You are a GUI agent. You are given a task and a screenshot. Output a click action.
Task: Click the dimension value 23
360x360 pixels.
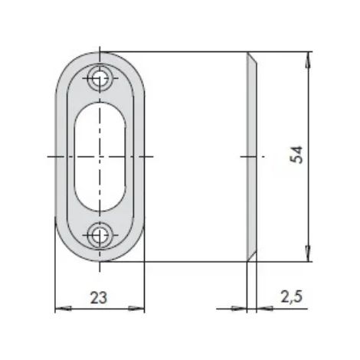pyautogui.click(x=99, y=298)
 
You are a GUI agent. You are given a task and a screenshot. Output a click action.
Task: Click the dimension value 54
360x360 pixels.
pyautogui.click(x=296, y=155)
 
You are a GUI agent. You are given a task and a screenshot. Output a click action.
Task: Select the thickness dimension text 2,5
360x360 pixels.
pyautogui.click(x=292, y=296)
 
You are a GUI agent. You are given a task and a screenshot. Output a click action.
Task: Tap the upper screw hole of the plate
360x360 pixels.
pyautogui.click(x=100, y=78)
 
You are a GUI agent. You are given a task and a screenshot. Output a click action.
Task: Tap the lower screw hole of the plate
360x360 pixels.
pyautogui.click(x=100, y=235)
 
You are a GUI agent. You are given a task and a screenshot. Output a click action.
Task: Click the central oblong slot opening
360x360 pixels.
pyautogui.click(x=100, y=157)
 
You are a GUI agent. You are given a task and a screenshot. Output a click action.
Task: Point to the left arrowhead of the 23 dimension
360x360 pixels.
pyautogui.click(x=63, y=309)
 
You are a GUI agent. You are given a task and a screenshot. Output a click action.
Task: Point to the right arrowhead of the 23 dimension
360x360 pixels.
pyautogui.click(x=136, y=309)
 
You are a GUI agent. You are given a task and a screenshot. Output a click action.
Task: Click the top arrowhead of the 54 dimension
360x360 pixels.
pyautogui.click(x=309, y=60)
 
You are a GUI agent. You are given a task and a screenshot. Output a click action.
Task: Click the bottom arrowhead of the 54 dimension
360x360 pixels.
pyautogui.click(x=309, y=254)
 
